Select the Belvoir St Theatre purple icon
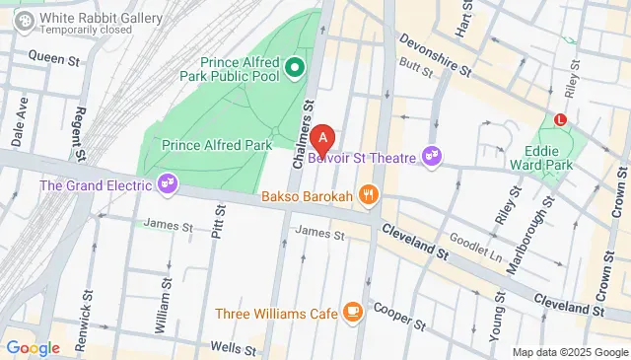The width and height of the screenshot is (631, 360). point(431,156)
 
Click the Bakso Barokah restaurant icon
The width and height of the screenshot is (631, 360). point(369,194)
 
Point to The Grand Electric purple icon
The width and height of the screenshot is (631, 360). point(168,184)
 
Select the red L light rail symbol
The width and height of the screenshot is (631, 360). point(561,119)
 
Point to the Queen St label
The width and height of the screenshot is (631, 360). point(53,59)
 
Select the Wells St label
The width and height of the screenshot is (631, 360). point(235,347)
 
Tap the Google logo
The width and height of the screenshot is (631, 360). point(33,347)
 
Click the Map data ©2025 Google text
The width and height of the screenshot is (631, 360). point(569,352)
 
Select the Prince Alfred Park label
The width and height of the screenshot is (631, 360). point(217,145)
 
